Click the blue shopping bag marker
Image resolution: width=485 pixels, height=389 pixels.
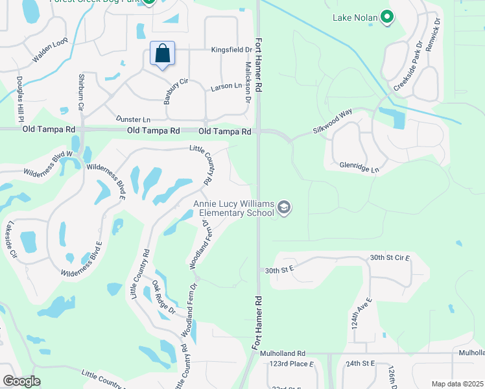pyautogui.click(x=163, y=54)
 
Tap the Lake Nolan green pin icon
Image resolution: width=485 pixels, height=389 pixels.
pyautogui.click(x=387, y=17)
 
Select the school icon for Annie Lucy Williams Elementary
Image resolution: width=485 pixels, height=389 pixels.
pyautogui.click(x=283, y=208)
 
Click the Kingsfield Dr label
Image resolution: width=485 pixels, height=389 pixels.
pyautogui.click(x=231, y=49)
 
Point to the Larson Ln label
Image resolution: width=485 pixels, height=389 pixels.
pyautogui.click(x=226, y=86)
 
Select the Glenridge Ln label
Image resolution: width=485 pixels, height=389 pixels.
pyautogui.click(x=359, y=166)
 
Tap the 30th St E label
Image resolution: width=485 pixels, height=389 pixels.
pyautogui.click(x=279, y=268)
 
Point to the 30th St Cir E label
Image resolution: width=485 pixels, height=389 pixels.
pyautogui.click(x=390, y=258)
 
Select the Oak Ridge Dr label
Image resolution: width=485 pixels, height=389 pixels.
pyautogui.click(x=163, y=298)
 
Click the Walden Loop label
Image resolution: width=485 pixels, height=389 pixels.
pyautogui.click(x=50, y=53)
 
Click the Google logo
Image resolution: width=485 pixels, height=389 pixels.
pyautogui.click(x=21, y=381)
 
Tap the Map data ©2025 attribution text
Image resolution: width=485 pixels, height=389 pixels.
pyautogui.click(x=457, y=384)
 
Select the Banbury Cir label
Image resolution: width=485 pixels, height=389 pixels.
pyautogui.click(x=174, y=90)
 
